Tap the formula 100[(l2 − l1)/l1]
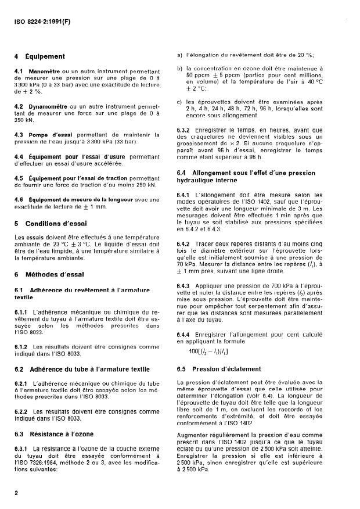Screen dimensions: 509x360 click(208, 351)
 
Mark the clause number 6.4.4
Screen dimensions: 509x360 click(183, 336)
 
